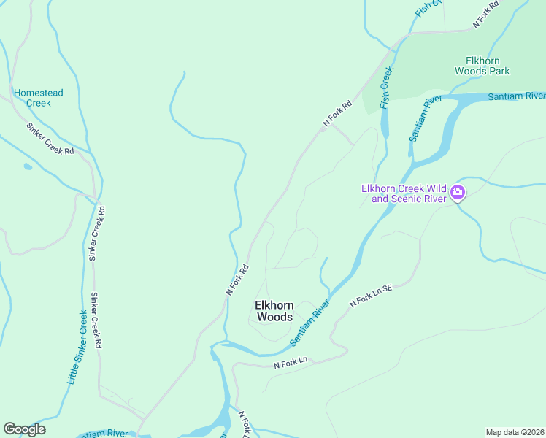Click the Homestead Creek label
point(39,98)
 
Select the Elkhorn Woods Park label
point(482,66)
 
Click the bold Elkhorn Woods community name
point(274,311)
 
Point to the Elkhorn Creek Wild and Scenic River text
point(404,193)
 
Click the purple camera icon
point(458,193)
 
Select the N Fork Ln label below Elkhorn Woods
point(291,362)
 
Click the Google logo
point(24,429)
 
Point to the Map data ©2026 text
point(515,431)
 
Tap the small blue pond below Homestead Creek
point(28,166)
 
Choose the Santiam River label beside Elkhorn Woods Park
point(516,96)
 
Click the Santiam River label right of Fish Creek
point(425,118)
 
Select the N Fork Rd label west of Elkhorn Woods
point(237,280)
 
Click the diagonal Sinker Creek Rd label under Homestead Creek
point(50,139)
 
